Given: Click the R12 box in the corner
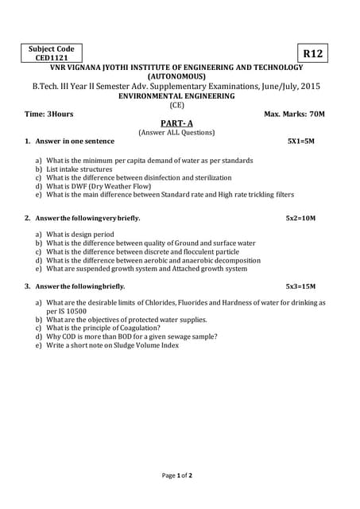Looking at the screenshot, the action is click(313, 53).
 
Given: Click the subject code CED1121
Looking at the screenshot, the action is click(50, 58).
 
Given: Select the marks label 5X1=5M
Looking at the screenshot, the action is click(301, 141).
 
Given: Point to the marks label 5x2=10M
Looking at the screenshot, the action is click(301, 218).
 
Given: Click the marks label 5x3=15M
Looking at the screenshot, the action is click(301, 286).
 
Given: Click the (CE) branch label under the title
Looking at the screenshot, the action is click(176, 105).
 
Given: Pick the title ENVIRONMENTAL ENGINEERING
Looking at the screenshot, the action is click(176, 95).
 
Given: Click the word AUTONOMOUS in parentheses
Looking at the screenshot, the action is click(176, 76).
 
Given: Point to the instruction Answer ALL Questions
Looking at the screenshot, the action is click(176, 132).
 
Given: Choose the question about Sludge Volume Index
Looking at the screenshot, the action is click(112, 345).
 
